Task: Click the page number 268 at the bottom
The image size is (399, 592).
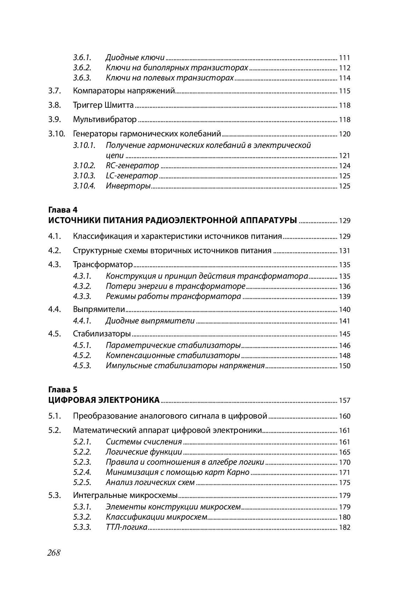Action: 54,553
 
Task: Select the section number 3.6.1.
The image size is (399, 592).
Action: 82,57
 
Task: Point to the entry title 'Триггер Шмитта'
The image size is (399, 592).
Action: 103,105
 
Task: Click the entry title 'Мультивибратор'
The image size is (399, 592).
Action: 105,119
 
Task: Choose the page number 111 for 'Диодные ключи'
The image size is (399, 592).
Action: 344,58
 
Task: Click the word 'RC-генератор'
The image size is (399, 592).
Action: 132,165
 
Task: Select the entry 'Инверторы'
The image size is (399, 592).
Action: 128,186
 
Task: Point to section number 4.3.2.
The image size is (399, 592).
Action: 82,286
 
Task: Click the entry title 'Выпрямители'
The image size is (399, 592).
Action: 99,309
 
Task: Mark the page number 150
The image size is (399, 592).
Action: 344,366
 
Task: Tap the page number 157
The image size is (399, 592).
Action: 344,400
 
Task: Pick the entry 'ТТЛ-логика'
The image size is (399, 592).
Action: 126,527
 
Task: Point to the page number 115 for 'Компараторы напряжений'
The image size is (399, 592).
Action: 344,91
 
